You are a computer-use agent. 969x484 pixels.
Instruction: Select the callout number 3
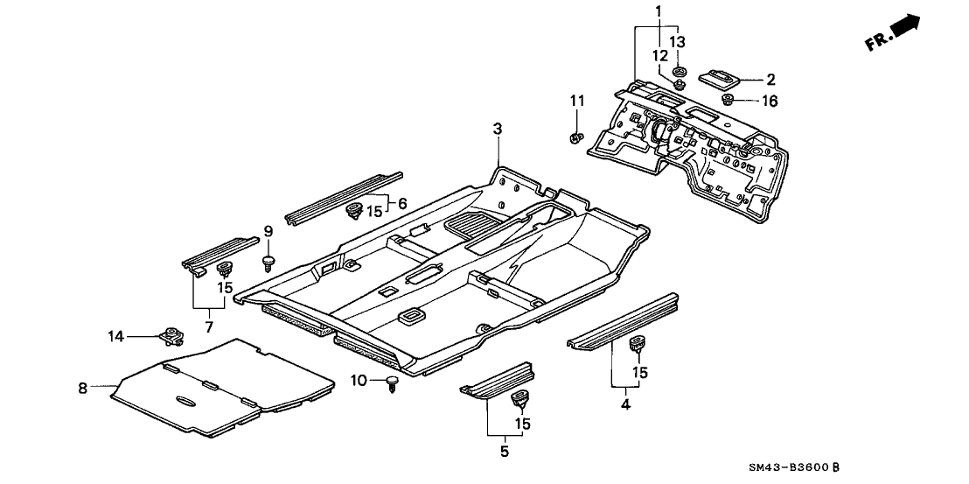(x=497, y=130)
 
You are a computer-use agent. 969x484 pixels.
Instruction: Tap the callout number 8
(x=83, y=387)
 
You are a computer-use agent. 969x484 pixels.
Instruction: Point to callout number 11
(x=575, y=103)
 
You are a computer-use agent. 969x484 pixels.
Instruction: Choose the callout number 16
(x=769, y=102)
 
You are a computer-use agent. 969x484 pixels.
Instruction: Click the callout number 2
(x=770, y=79)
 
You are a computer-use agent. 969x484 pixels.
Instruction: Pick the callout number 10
(x=357, y=380)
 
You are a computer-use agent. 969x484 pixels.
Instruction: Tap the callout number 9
(x=269, y=231)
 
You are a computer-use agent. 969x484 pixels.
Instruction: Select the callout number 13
(x=678, y=42)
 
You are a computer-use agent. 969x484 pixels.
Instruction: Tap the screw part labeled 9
(x=269, y=260)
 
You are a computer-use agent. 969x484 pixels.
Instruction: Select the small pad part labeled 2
(x=721, y=78)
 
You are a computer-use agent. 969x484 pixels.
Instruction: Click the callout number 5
(x=503, y=452)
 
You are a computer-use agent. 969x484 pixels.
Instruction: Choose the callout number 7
(x=208, y=326)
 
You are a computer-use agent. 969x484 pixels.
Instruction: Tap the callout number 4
(x=624, y=403)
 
